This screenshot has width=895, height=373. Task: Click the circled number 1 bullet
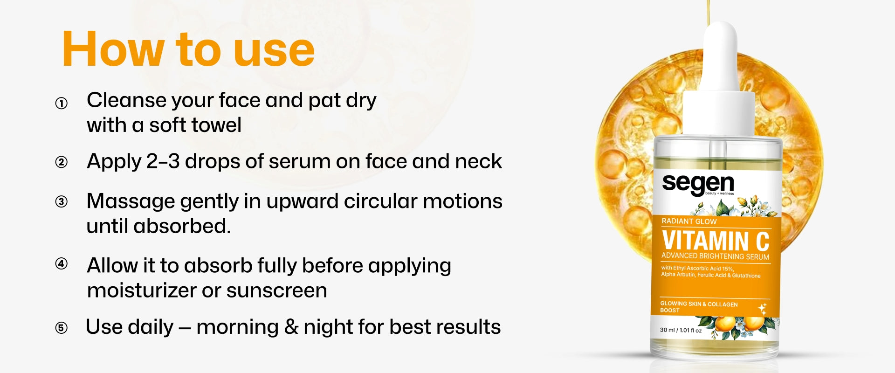(61, 103)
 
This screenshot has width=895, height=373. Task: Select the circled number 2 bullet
(61, 162)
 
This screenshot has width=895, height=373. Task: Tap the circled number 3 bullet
(61, 202)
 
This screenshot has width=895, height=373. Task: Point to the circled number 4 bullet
(61, 264)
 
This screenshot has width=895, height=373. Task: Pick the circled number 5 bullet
(61, 328)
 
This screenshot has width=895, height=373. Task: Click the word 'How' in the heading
(113, 49)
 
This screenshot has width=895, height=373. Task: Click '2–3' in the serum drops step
(163, 162)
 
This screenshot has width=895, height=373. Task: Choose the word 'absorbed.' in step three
(182, 226)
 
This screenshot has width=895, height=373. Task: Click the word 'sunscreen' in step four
(277, 291)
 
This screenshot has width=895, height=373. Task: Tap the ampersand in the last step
(291, 327)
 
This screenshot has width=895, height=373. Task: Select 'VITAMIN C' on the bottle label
(716, 241)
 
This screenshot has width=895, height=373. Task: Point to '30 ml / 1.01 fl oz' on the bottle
(681, 330)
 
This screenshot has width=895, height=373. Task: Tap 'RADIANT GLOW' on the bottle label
(689, 221)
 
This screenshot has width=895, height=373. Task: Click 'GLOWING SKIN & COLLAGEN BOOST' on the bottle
(699, 307)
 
